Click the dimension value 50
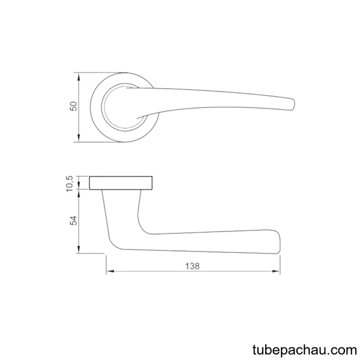pyautogui.click(x=74, y=106)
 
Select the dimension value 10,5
pyautogui.click(x=70, y=184)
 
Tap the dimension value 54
pyautogui.click(x=74, y=220)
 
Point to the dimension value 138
pyautogui.click(x=193, y=266)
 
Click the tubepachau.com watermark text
pyautogui.click(x=305, y=350)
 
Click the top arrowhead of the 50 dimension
pyautogui.click(x=79, y=76)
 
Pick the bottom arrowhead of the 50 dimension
pyautogui.click(x=79, y=138)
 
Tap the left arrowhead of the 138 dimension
pyautogui.click(x=110, y=271)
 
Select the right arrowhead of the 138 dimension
pyautogui.click(x=276, y=271)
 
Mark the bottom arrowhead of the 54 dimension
pyautogui.click(x=79, y=250)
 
